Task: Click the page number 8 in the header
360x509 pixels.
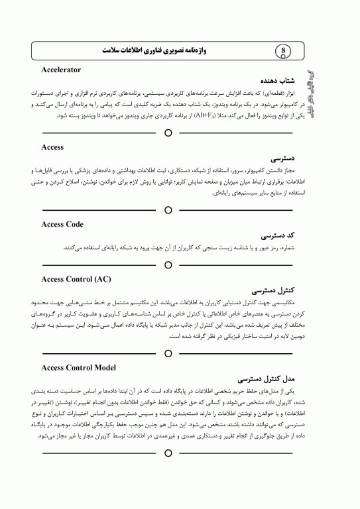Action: pos(284,50)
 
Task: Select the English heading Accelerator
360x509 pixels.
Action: pos(61,69)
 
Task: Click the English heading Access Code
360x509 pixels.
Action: pos(62,224)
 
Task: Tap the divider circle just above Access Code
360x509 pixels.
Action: pos(168,210)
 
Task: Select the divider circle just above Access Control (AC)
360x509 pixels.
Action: pos(168,264)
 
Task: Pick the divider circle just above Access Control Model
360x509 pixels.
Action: pos(168,353)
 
